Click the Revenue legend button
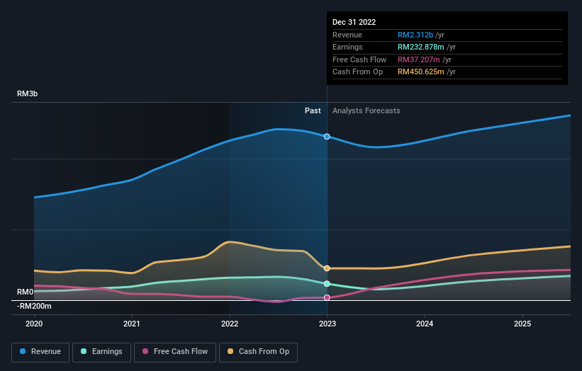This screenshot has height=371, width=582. pos(41,351)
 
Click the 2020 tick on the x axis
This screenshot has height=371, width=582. pos(34,324)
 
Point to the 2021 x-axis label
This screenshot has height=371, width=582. pos(132,324)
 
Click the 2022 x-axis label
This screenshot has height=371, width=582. pos(230,324)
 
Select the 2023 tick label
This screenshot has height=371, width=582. pos(327,324)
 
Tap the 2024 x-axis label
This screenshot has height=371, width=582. pos(425,324)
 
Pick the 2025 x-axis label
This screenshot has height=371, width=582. pos(522,324)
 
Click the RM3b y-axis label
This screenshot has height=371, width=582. pos(28,94)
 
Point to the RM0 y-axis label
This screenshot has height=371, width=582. pos(26,292)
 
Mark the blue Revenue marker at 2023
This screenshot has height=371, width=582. pos(327,136)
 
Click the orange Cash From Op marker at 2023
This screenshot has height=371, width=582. pos(327,268)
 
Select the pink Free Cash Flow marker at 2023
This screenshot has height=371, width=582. pos(327,297)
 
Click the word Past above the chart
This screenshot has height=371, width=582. pos(313,110)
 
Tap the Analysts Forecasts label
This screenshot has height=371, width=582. pos(366,110)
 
